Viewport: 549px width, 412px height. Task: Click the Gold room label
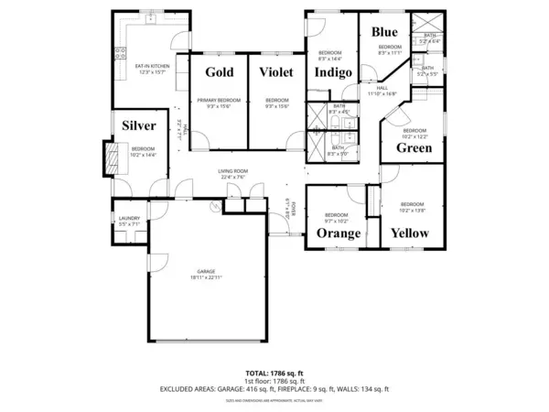(x=220, y=72)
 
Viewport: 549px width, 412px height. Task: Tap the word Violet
(x=276, y=72)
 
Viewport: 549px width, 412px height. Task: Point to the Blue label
(x=384, y=32)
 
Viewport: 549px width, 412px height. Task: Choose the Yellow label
(x=410, y=233)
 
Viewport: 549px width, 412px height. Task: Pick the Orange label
(x=339, y=233)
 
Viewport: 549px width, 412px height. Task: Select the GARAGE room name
(x=204, y=271)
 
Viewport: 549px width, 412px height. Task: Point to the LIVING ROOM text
(x=233, y=171)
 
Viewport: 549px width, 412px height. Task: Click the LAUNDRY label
(x=128, y=218)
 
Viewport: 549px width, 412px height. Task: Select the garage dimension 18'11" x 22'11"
(x=204, y=276)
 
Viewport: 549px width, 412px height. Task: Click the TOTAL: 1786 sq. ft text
(x=274, y=373)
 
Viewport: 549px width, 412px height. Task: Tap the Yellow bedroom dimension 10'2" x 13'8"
(x=412, y=209)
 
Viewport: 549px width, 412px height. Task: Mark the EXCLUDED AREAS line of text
(x=274, y=389)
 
